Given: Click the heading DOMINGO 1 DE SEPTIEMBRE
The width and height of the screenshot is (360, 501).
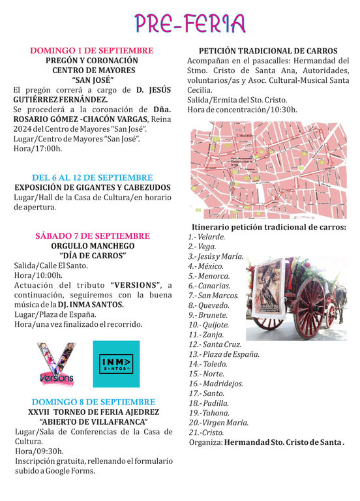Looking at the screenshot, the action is coord(92,50).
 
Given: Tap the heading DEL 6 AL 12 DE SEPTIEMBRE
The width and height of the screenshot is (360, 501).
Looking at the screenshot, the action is coord(92,177).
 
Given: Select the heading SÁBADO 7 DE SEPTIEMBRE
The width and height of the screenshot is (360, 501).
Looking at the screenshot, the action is coord(92,235).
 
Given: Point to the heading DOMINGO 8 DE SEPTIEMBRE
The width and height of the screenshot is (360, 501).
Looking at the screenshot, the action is coord(92,401).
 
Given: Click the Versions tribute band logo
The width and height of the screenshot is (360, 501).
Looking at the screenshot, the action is coord(55,363).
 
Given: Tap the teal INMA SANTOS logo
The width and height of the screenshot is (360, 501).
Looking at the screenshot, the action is coord(116,364).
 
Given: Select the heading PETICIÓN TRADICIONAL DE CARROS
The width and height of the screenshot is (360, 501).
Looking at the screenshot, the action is coord(267,51).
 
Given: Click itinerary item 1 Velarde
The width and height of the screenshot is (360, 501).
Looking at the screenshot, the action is coord(207,237).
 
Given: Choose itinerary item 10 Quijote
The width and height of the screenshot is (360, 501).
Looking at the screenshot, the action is coord(209,325).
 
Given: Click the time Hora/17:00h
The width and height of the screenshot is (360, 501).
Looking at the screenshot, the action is coord(38,149).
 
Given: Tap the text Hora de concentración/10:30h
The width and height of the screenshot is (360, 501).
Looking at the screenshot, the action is coord(242,109).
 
